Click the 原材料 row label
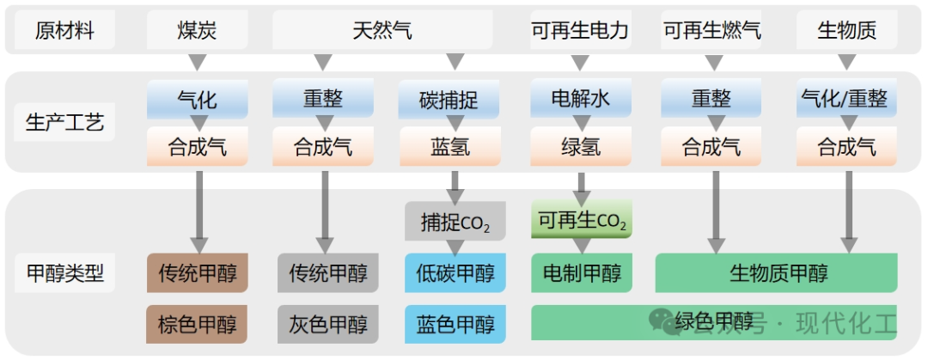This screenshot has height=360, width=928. click(64, 32)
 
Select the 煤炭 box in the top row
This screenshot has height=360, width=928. click(197, 32)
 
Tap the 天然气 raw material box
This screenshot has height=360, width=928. click(382, 32)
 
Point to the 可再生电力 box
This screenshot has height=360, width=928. click(580, 32)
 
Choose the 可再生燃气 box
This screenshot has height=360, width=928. click(711, 32)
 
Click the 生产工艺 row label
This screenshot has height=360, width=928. click(64, 122)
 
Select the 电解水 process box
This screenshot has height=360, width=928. click(581, 100)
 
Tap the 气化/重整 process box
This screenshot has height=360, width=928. click(846, 100)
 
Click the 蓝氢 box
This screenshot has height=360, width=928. click(449, 147)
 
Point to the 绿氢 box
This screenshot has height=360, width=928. click(581, 147)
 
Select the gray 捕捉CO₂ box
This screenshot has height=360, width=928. click(455, 222)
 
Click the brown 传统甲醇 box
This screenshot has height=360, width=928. click(198, 273)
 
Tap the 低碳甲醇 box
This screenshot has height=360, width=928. click(455, 273)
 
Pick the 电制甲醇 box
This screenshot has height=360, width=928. click(582, 273)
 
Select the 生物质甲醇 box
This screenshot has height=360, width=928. click(777, 273)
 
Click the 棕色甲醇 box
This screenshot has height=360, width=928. click(198, 324)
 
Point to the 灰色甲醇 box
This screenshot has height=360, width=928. click(327, 324)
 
